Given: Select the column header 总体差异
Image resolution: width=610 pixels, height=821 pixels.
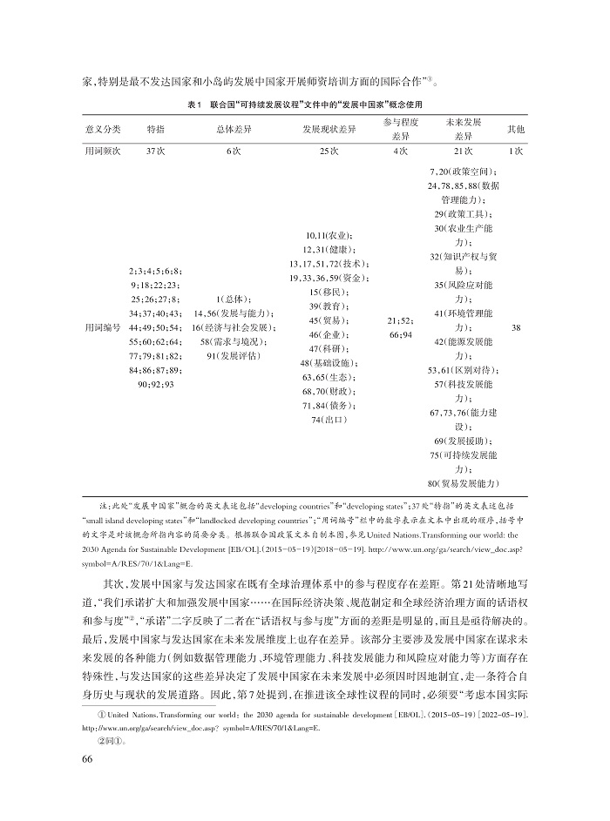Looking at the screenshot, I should point(233,130).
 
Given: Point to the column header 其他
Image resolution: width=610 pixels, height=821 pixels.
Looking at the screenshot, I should point(516,130).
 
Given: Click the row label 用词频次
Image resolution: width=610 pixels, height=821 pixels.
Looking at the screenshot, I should point(103,151).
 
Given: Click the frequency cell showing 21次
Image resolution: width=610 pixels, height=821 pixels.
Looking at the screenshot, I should point(463,151).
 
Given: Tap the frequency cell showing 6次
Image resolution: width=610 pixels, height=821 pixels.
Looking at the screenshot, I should point(233,151).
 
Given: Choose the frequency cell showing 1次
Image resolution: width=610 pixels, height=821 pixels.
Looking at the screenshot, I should point(516,151).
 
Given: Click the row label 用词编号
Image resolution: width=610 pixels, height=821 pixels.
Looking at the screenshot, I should point(103,328).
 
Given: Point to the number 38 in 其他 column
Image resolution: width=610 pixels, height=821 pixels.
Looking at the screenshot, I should point(516,328).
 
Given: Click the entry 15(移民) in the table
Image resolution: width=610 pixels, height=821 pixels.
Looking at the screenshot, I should point(329,292).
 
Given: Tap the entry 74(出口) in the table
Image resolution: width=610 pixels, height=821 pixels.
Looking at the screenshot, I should point(329,419).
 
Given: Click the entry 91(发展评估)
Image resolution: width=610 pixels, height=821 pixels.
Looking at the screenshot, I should point(233,356).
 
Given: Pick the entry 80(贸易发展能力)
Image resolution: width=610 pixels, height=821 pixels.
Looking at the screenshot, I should point(463,482).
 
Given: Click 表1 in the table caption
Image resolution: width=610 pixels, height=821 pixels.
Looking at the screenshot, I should point(196,104).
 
